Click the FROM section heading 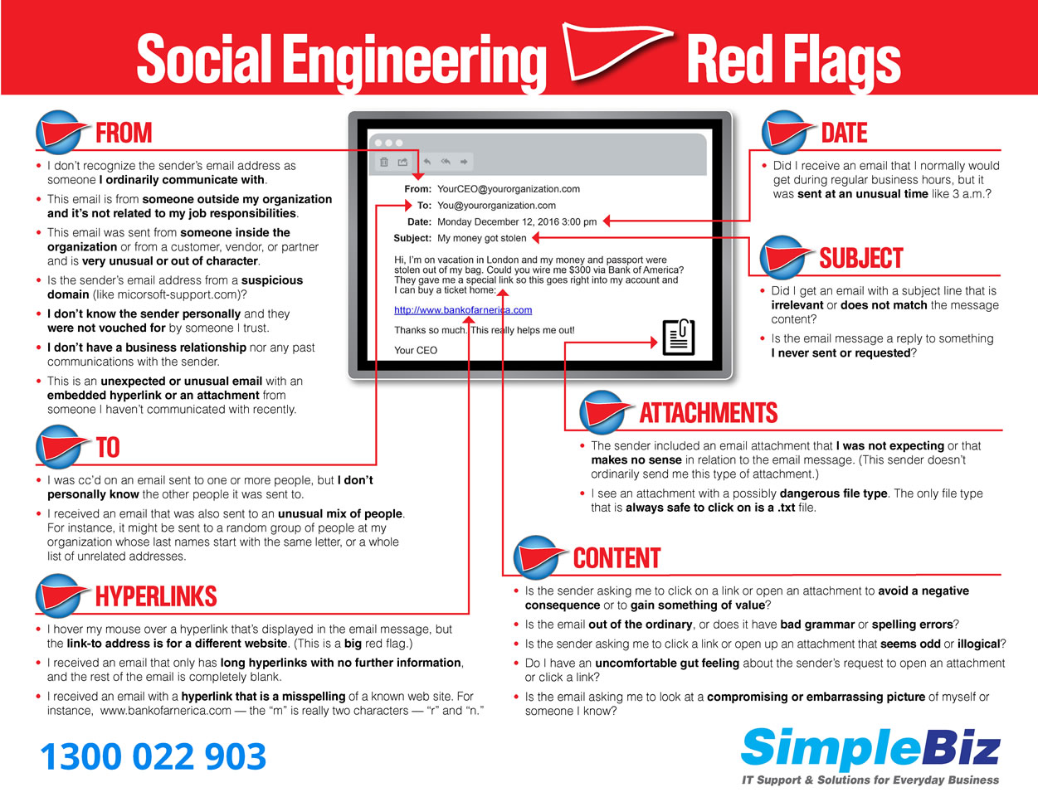click(124, 133)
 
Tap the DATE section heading click(844, 133)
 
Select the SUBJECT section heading click(860, 258)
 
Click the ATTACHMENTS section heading click(708, 413)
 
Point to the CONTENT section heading click(616, 558)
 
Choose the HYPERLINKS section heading click(155, 596)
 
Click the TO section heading click(108, 448)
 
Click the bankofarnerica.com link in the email click(463, 310)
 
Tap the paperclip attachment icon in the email click(678, 337)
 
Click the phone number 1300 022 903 click(154, 756)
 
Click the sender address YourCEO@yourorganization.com click(509, 189)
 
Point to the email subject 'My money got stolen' click(482, 238)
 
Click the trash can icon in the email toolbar click(383, 162)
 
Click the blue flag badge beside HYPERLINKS click(61, 595)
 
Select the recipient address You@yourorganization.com click(496, 206)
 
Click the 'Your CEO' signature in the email click(416, 350)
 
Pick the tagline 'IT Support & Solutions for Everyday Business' click(870, 780)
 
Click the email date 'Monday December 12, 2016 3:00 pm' click(517, 221)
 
